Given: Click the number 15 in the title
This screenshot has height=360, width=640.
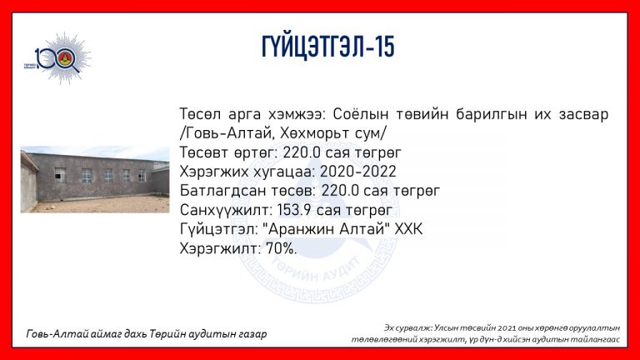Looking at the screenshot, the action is point(384,47).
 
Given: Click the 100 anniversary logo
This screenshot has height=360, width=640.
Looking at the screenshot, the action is point(57,58).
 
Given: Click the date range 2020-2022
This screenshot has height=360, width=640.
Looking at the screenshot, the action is point(358,172).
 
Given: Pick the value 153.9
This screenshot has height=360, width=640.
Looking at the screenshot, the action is point(294,210).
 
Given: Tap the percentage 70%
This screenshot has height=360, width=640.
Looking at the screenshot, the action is point(281,248).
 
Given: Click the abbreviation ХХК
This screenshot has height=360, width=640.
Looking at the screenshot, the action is point(408,229).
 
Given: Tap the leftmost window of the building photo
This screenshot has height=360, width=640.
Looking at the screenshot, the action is point(60,175).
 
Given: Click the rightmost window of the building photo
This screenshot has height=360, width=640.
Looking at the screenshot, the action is point(142,176).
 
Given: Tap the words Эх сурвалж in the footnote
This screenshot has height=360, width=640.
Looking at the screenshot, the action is point(407,328).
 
